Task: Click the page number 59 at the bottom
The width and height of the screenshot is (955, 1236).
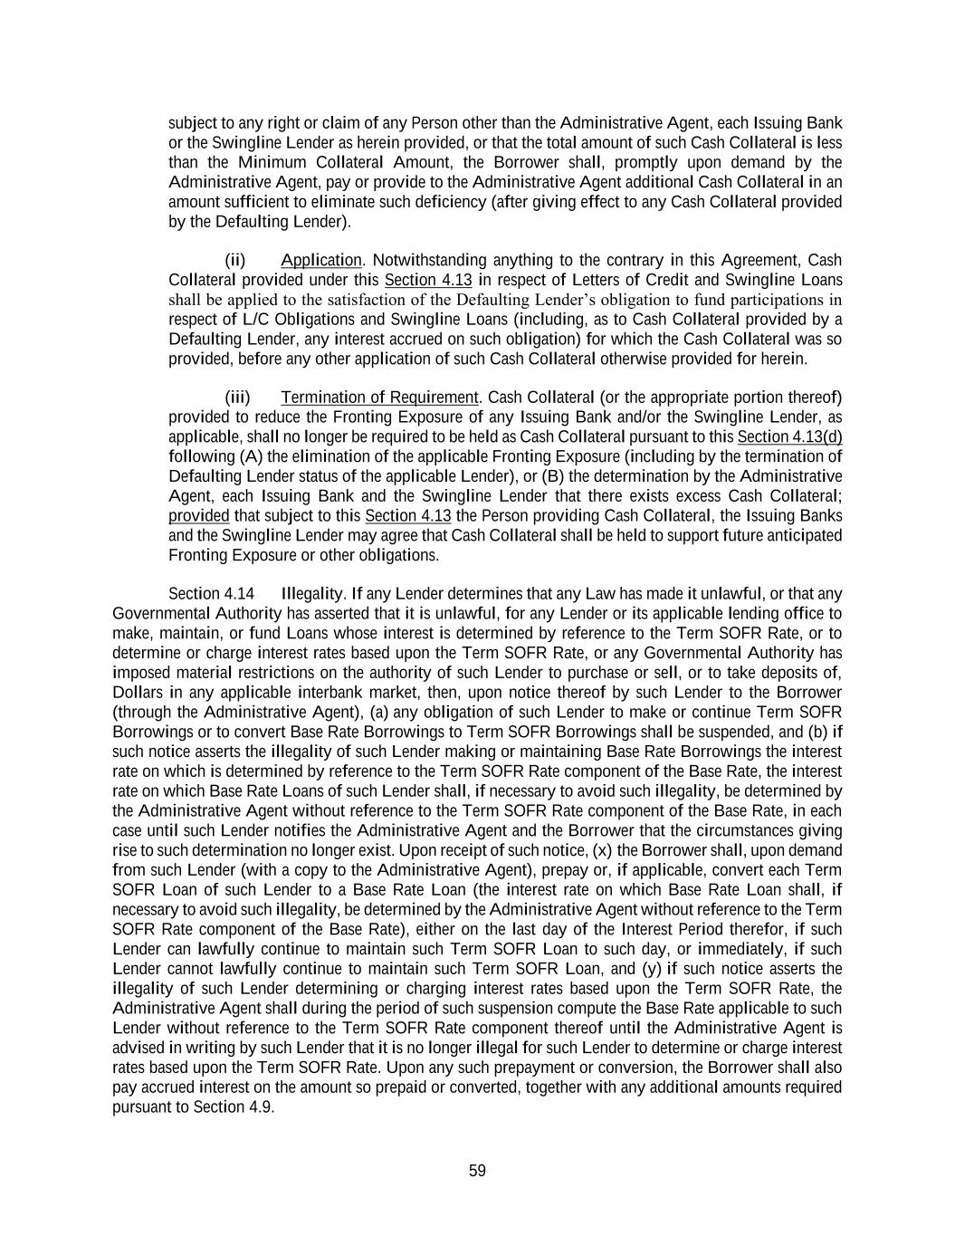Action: tap(477, 1171)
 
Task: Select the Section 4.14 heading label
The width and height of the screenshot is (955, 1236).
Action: tap(211, 594)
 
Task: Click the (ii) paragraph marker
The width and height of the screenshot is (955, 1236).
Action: tap(235, 261)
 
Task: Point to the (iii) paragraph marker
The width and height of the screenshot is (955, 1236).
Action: tap(237, 398)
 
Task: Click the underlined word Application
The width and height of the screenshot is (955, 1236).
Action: tap(320, 261)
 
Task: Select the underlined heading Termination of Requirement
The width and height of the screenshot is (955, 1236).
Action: tap(379, 398)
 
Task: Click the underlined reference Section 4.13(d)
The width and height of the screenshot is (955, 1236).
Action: tap(789, 436)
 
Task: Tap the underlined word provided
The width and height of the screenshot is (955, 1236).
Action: tap(198, 515)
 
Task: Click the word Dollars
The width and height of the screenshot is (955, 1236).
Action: tap(136, 693)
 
